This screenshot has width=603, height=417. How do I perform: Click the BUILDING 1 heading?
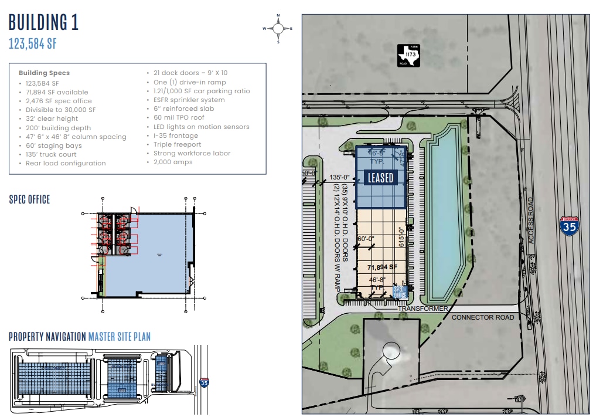pos(43,22)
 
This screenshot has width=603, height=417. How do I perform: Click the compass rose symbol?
pos(278,28)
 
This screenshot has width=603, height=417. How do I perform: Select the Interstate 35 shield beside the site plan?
pos(567,225)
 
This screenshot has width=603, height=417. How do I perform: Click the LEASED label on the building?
pos(380,177)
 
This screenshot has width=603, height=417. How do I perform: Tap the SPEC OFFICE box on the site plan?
pos(400,292)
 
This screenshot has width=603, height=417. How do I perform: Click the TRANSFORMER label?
pos(423,308)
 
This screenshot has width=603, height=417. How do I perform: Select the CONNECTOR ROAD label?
pos(482,317)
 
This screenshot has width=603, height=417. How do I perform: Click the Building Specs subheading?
pos(44,73)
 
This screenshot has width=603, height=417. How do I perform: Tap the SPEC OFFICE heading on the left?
pos(29,199)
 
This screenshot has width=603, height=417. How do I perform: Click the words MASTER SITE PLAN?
pos(119,337)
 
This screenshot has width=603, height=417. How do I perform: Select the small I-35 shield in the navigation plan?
pos(204,382)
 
